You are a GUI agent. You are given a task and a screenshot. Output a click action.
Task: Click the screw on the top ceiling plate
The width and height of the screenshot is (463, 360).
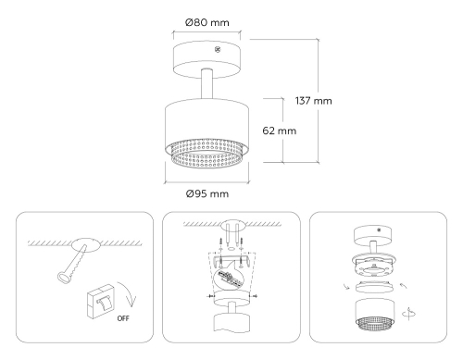click(x=218, y=48)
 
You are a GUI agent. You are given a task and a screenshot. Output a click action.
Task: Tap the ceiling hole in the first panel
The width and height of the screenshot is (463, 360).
click(x=86, y=245)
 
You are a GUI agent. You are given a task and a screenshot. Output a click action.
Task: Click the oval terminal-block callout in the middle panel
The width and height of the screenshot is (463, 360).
click(x=232, y=281)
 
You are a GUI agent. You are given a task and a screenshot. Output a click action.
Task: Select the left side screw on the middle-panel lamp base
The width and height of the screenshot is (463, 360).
click(x=206, y=296)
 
